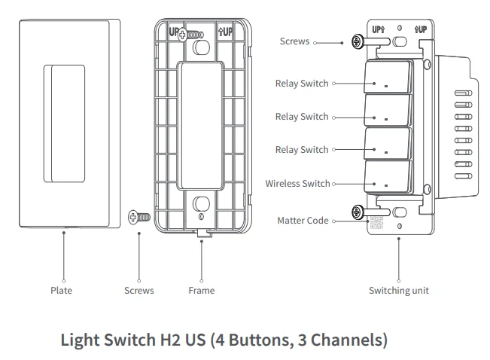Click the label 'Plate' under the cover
coord(62,290)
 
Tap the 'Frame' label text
coord(201,290)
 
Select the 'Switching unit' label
coord(398,290)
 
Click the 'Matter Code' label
coord(303,221)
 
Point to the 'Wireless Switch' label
coord(297,183)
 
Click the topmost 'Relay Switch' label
coord(302,84)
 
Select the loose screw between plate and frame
coord(140,217)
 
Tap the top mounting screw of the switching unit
coord(356,42)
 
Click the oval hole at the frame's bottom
coord(201,203)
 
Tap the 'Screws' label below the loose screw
coord(138,290)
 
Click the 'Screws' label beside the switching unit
coord(294,41)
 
